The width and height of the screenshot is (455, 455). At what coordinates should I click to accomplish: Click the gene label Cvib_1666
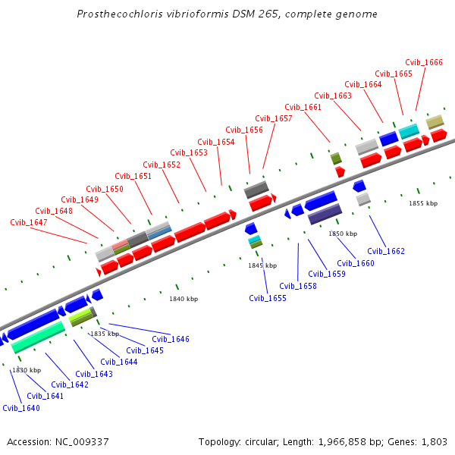[x=424, y=63]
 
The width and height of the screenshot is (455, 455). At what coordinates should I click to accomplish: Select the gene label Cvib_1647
[x=29, y=222]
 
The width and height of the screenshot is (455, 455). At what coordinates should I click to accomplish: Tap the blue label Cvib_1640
[x=21, y=408]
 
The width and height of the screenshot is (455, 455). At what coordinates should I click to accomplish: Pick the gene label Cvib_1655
[x=268, y=298]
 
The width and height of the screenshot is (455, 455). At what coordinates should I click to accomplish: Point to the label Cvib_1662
[x=386, y=251]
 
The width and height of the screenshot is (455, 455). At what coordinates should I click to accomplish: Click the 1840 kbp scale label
[x=184, y=299]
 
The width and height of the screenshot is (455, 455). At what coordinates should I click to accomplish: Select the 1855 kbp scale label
[x=423, y=203]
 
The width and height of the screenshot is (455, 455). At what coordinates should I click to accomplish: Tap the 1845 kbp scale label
[x=262, y=265]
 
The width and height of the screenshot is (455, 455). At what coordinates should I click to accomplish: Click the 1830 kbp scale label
[x=27, y=370]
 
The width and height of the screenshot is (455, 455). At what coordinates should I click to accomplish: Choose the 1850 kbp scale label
[x=343, y=234]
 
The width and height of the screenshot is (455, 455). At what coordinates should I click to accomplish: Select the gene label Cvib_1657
[x=274, y=118]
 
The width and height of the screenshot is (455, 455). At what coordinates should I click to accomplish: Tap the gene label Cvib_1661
[x=303, y=107]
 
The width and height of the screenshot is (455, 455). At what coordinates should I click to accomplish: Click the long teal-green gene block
[x=38, y=337]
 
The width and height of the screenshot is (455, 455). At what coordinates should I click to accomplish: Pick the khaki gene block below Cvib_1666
[x=435, y=121]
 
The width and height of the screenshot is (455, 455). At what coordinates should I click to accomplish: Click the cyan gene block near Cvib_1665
[x=409, y=131]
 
